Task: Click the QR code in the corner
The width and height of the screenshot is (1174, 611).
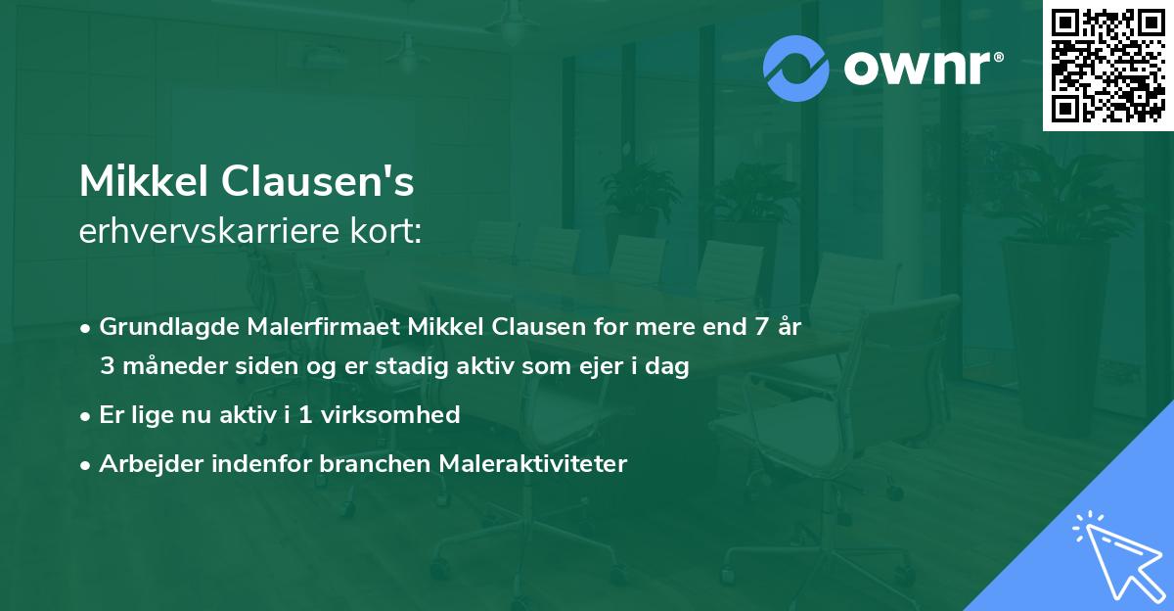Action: click(x=1108, y=65)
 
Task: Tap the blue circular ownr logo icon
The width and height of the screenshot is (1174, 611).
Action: click(x=796, y=69)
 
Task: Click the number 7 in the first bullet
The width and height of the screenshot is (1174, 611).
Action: click(x=759, y=327)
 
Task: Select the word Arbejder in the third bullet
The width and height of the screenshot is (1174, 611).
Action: click(x=144, y=464)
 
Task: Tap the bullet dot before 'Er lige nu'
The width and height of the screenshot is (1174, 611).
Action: click(x=87, y=415)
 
